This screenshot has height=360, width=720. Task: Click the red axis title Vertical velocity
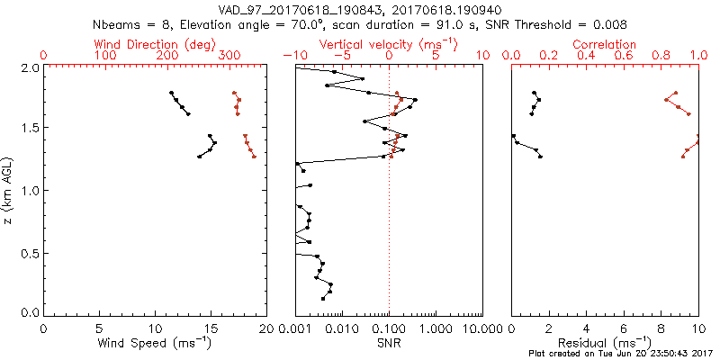click(x=382, y=44)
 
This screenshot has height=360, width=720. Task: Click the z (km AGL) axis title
click(x=10, y=190)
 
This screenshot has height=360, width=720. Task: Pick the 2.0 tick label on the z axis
click(x=31, y=67)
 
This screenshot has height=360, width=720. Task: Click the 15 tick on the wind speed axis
click(x=211, y=329)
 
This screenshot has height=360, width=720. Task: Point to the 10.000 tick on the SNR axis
click(x=481, y=329)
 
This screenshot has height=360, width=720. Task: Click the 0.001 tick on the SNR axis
click(x=295, y=329)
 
